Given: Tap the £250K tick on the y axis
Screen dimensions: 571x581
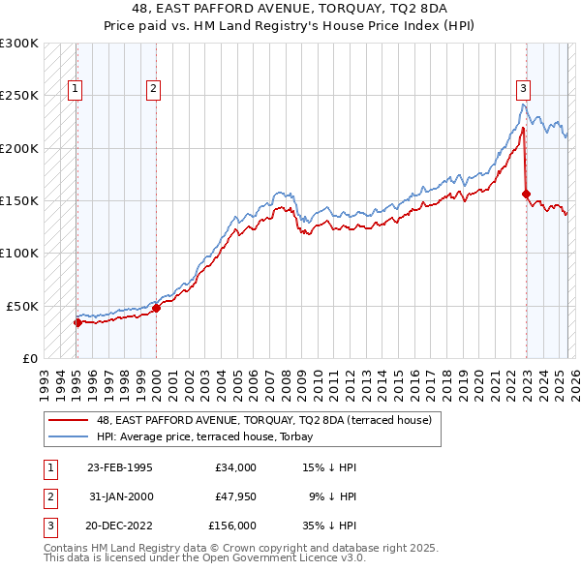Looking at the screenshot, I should (19, 96).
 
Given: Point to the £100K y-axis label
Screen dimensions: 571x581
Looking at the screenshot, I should (19, 253).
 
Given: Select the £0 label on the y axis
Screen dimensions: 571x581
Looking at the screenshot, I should (29, 358).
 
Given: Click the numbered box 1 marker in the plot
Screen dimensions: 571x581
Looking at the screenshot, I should (76, 89).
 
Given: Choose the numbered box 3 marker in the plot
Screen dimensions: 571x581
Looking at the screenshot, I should (523, 89).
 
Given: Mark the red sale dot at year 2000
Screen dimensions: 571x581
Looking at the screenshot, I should (156, 308).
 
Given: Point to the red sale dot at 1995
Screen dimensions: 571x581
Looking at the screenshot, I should (77, 322).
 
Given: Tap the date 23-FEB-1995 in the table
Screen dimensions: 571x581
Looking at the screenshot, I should (119, 467).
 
